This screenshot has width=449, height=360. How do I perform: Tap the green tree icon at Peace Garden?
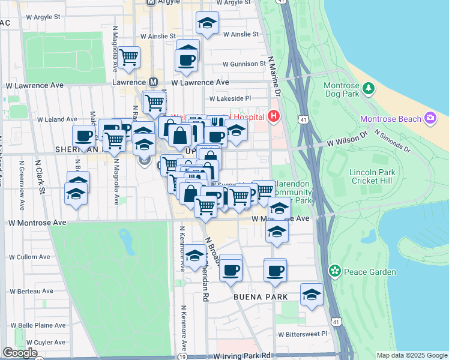334,272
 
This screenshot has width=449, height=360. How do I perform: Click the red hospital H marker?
274,115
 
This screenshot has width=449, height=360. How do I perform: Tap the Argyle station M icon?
151,2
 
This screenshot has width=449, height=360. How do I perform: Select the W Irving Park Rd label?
241,356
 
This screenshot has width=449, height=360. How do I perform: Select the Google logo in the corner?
20,353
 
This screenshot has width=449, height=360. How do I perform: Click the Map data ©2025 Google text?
411,355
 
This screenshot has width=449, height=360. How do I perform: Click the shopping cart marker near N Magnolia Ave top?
128,58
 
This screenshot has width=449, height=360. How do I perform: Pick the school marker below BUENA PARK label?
311,295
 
